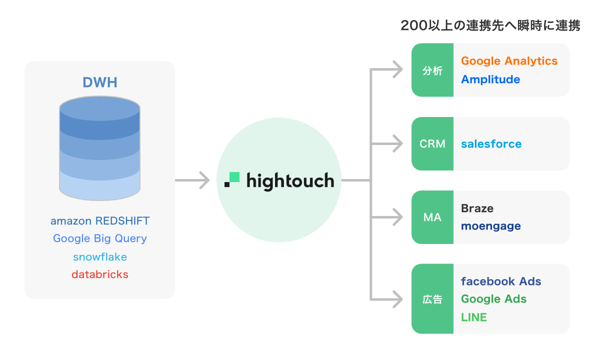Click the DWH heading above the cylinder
tap(100, 82)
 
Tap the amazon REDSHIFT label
tap(100, 220)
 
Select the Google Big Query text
tap(100, 238)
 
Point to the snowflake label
tap(100, 257)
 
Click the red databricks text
tap(100, 274)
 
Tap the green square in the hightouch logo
tap(234, 177)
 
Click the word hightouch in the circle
tap(290, 180)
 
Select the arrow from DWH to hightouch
tap(192, 180)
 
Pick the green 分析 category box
tap(432, 70)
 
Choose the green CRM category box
tap(432, 144)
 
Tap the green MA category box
tap(432, 217)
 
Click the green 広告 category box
tap(432, 299)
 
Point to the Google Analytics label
tap(509, 61)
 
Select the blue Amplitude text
tap(490, 79)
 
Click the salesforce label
tap(491, 144)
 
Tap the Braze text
tap(477, 208)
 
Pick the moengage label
tap(490, 226)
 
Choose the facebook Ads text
tap(501, 281)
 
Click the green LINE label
tap(474, 317)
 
